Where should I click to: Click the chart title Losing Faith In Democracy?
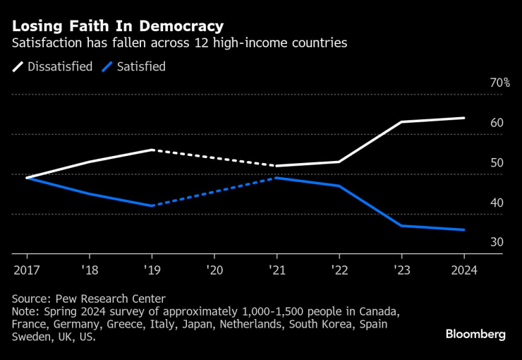(x=116, y=26)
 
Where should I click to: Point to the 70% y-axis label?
(x=499, y=83)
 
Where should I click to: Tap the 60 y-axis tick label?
(x=497, y=123)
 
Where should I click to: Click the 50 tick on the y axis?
(x=497, y=163)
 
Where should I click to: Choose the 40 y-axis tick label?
(x=497, y=203)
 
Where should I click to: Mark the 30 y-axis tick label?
(x=497, y=242)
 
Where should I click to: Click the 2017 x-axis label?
(x=27, y=270)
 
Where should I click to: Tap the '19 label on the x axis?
(x=152, y=270)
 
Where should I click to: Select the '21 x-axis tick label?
(x=277, y=270)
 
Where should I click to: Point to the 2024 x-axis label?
(x=463, y=270)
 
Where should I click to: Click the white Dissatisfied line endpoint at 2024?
(x=463, y=118)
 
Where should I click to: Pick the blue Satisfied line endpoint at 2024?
(x=463, y=229)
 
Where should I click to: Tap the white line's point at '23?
(x=401, y=122)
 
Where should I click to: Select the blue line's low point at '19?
(x=152, y=205)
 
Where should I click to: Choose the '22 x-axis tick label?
(x=339, y=270)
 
